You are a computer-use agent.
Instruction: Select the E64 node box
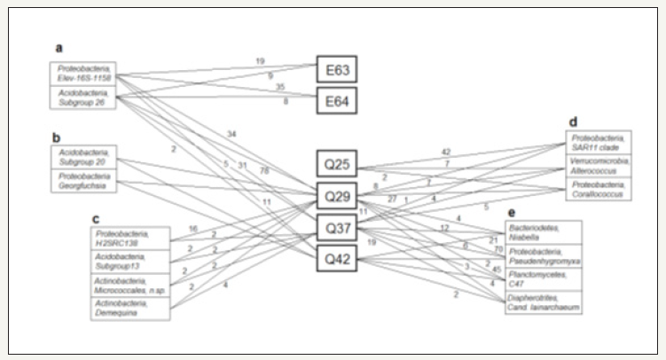click(337, 102)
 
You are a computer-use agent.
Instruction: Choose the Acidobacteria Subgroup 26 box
click(84, 96)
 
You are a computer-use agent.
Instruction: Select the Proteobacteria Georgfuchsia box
click(85, 182)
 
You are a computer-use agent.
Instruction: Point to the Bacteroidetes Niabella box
click(542, 232)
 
